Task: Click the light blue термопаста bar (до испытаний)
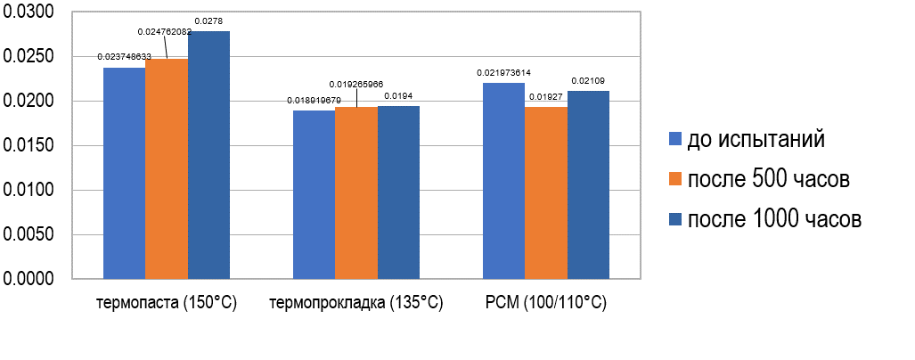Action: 125,173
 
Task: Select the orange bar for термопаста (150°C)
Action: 167,168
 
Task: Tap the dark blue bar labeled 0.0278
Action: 208,155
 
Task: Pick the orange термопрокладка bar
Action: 356,193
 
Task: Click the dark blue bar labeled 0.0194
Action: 398,192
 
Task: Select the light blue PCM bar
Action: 503,181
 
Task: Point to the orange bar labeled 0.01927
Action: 546,193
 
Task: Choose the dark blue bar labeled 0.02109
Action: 588,185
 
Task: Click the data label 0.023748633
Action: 125,57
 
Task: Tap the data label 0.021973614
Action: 504,73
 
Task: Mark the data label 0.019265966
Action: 356,84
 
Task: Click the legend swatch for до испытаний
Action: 675,139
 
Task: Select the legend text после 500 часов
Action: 769,180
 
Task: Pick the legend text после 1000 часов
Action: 774,219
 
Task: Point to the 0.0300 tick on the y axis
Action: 29,12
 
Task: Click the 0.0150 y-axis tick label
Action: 29,146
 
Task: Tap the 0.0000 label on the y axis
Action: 29,279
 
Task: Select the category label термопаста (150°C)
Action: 167,303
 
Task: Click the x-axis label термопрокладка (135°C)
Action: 356,303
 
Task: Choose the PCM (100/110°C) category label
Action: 545,303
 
